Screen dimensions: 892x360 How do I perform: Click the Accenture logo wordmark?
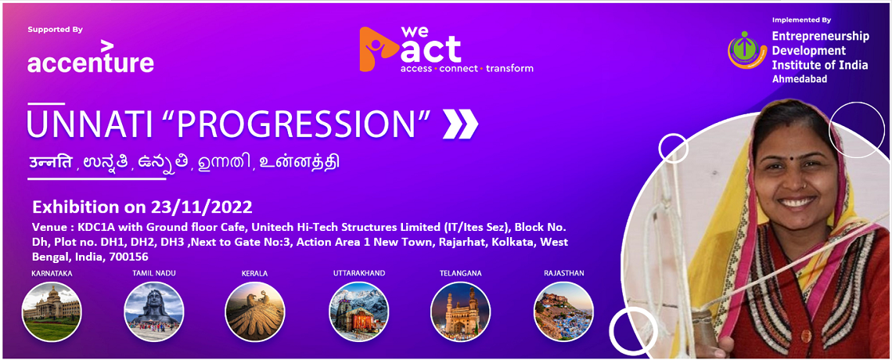[91, 57]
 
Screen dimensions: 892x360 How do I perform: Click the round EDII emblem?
[747, 50]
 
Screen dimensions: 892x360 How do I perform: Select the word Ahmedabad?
[799, 79]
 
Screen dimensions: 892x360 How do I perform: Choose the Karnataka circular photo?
[52, 311]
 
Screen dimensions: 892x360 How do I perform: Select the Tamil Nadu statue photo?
[153, 311]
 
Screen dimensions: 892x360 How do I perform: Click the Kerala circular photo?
[255, 311]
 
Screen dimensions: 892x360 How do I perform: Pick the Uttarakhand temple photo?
[359, 311]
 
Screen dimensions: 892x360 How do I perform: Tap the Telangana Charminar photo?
[460, 311]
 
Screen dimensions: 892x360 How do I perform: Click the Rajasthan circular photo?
[563, 311]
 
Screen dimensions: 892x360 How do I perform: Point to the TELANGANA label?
[460, 273]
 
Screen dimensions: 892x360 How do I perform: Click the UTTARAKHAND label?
[359, 273]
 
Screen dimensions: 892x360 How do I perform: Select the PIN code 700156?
[132, 256]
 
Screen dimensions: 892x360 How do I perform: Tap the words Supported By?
[56, 30]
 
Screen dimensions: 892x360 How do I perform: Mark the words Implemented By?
[801, 20]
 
